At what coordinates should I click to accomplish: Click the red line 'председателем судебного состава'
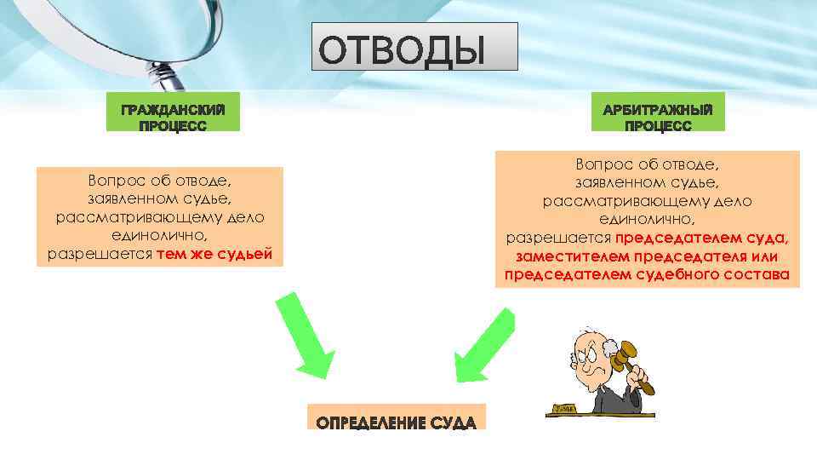647,275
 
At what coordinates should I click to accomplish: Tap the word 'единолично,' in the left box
160,235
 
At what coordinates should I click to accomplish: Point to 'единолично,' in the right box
648,218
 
